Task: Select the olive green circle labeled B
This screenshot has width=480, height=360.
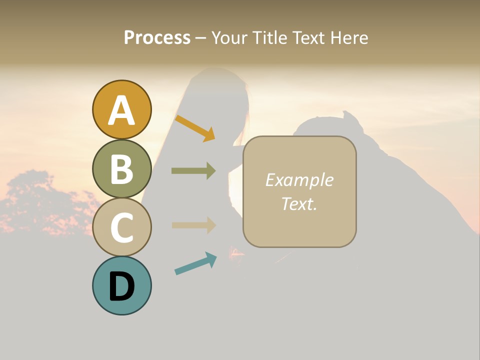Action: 121,169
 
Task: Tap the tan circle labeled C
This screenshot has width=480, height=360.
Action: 121,227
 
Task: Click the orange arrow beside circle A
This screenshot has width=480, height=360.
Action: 195,128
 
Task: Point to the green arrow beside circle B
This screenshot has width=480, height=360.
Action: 193,171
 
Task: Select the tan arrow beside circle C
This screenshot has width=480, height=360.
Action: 193,225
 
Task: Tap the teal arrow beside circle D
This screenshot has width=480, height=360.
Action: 195,263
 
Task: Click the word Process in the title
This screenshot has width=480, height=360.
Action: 157,37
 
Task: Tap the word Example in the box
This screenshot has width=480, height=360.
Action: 299,180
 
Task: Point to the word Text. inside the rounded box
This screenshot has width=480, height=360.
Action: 299,203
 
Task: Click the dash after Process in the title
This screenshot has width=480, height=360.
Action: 201,38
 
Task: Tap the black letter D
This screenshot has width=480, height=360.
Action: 121,287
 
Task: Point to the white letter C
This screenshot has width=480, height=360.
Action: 121,227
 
